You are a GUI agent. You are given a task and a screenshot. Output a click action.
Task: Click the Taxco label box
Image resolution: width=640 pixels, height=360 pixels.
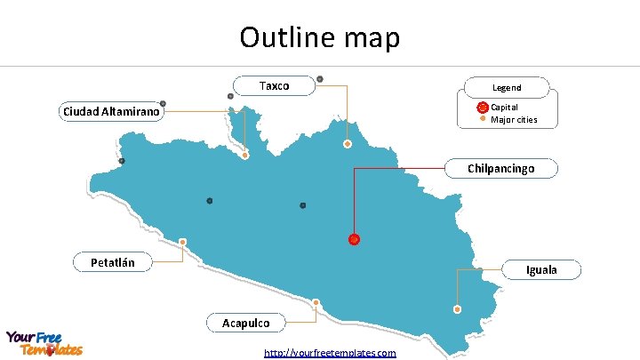pos(274,86)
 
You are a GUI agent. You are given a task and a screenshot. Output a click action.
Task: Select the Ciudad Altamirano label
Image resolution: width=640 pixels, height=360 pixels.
pos(111,112)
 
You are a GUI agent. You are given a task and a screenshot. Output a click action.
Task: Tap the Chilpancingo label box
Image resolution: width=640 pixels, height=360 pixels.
pos(501,168)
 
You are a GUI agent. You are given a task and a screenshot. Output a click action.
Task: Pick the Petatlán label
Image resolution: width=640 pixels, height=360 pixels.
pos(113,262)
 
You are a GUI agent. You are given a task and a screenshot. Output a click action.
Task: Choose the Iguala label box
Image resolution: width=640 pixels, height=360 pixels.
pos(541,269)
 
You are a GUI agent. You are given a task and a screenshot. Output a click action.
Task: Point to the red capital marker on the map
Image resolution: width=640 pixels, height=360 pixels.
pos(354,239)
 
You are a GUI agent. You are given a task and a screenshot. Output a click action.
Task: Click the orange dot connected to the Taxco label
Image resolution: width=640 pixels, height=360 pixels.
pos(348,144)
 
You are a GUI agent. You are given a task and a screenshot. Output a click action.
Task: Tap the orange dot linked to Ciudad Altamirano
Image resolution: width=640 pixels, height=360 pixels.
pos(245,156)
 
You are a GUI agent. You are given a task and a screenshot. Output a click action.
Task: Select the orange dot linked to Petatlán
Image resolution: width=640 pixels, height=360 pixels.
pos(183,242)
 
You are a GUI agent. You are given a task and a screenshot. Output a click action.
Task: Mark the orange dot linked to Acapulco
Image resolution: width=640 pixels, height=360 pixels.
pos(316,302)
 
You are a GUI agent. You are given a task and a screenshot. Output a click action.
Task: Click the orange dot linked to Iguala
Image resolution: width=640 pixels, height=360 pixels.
pos(457,309)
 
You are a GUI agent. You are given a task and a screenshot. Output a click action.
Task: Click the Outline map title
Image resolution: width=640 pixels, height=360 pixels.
pos(320,37)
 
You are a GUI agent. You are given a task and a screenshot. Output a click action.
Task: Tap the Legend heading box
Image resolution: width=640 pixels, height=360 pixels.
pos(507,87)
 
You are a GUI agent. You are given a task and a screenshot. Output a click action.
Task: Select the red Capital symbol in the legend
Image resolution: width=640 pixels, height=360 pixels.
pos(483,107)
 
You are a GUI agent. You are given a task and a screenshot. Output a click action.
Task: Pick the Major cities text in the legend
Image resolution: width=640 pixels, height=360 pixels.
pos(514,119)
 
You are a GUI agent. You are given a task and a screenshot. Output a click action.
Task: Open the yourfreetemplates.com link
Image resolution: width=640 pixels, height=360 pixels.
pos(330,353)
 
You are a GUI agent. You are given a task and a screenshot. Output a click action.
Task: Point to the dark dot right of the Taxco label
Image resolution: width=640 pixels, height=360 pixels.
pos(320,79)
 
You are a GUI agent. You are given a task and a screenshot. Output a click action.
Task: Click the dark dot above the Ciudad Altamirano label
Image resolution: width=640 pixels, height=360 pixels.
pos(163,103)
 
